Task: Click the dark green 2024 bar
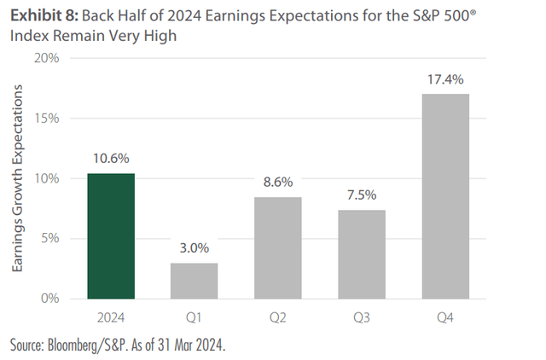click(x=110, y=236)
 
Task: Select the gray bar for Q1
click(x=194, y=281)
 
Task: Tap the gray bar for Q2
click(x=278, y=247)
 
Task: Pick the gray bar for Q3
click(x=362, y=254)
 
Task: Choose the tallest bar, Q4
click(x=445, y=196)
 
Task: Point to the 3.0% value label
click(x=194, y=247)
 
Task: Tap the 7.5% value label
click(x=362, y=195)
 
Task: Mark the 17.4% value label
click(x=445, y=78)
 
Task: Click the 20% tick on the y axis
click(x=45, y=58)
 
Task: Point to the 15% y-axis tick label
click(x=45, y=118)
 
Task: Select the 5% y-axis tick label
click(x=49, y=238)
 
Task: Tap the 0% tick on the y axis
click(x=49, y=299)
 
